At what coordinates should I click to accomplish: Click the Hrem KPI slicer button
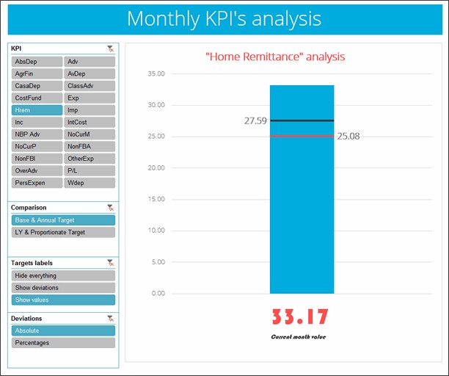[x=37, y=109]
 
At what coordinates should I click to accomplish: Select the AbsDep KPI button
[x=37, y=62]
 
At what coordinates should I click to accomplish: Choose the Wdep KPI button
[x=90, y=181]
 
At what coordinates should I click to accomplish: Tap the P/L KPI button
[x=90, y=170]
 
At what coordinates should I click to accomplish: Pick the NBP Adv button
[x=37, y=134]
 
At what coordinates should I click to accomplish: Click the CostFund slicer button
[x=37, y=98]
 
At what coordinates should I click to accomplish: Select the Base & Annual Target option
[x=63, y=220]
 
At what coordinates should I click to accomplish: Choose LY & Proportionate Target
[x=63, y=232]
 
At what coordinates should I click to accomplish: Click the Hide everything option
[x=63, y=275]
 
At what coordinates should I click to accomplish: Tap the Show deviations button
[x=63, y=288]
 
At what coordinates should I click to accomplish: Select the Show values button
[x=63, y=300]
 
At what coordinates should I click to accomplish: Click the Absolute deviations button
[x=63, y=330]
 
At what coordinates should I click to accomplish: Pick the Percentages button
[x=63, y=342]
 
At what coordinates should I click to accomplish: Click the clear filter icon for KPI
[x=110, y=48]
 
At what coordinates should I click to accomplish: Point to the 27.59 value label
[x=255, y=120]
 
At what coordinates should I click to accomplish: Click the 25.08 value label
[x=348, y=137]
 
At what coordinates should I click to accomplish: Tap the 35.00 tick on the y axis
[x=156, y=73]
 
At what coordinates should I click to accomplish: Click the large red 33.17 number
[x=300, y=317]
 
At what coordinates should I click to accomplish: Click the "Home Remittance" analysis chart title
[x=275, y=56]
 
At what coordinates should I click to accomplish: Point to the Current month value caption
[x=299, y=336]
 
